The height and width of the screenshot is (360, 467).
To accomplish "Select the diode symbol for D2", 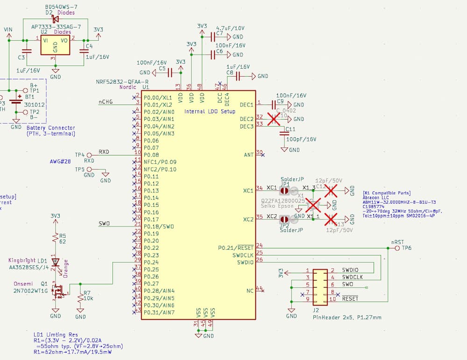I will click(x=55, y=19).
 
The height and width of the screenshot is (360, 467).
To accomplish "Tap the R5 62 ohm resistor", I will click(x=56, y=238).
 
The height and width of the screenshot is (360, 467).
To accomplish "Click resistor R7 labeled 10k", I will click(x=81, y=297).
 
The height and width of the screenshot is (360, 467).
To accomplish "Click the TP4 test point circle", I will click(x=89, y=155).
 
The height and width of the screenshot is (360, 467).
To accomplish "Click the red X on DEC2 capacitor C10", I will click(x=274, y=119).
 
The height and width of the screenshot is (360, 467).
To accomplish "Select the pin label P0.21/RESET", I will click(x=235, y=247).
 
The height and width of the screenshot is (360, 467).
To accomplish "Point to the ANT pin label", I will click(x=248, y=155).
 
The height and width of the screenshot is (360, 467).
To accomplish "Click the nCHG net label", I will click(x=106, y=102).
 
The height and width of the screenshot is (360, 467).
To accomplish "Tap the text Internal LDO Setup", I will click(x=210, y=112).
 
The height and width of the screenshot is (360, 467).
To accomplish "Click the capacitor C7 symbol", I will click(x=215, y=36).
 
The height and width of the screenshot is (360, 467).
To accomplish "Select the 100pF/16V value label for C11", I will click(x=301, y=139).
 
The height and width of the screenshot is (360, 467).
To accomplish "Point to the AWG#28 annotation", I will click(x=60, y=162).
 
